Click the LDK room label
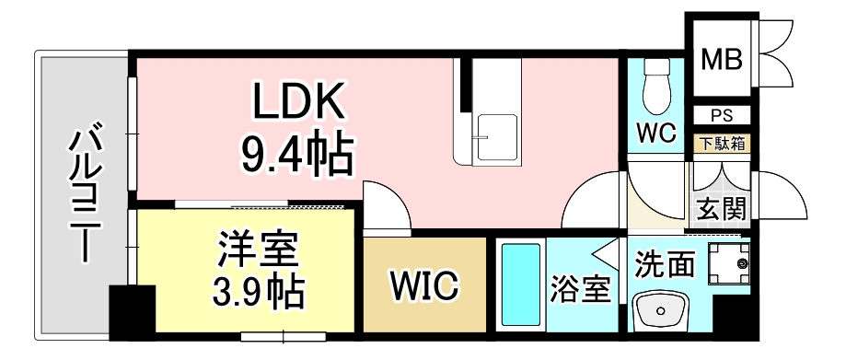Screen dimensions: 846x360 point(298,100)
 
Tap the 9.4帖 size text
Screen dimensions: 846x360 point(297,154)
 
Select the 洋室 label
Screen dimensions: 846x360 point(258,250)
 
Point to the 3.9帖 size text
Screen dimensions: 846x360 point(258,293)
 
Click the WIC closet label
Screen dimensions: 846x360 point(424,286)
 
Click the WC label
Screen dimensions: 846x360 point(656,134)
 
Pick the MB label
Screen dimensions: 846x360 point(721,59)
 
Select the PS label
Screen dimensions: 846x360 point(722,115)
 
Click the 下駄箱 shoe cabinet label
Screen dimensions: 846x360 point(722,144)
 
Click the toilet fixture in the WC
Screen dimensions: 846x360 point(656,87)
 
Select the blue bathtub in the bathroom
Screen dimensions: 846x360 point(521,285)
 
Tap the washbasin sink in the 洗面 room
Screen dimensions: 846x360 point(660,310)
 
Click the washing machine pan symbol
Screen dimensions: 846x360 point(729,263)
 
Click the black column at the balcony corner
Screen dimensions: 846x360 point(133,312)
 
